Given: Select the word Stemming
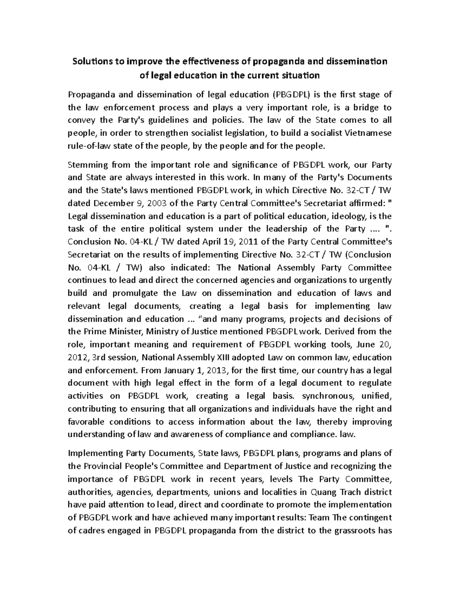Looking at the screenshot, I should click(x=86, y=165).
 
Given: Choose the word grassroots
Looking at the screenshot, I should click(x=355, y=531).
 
